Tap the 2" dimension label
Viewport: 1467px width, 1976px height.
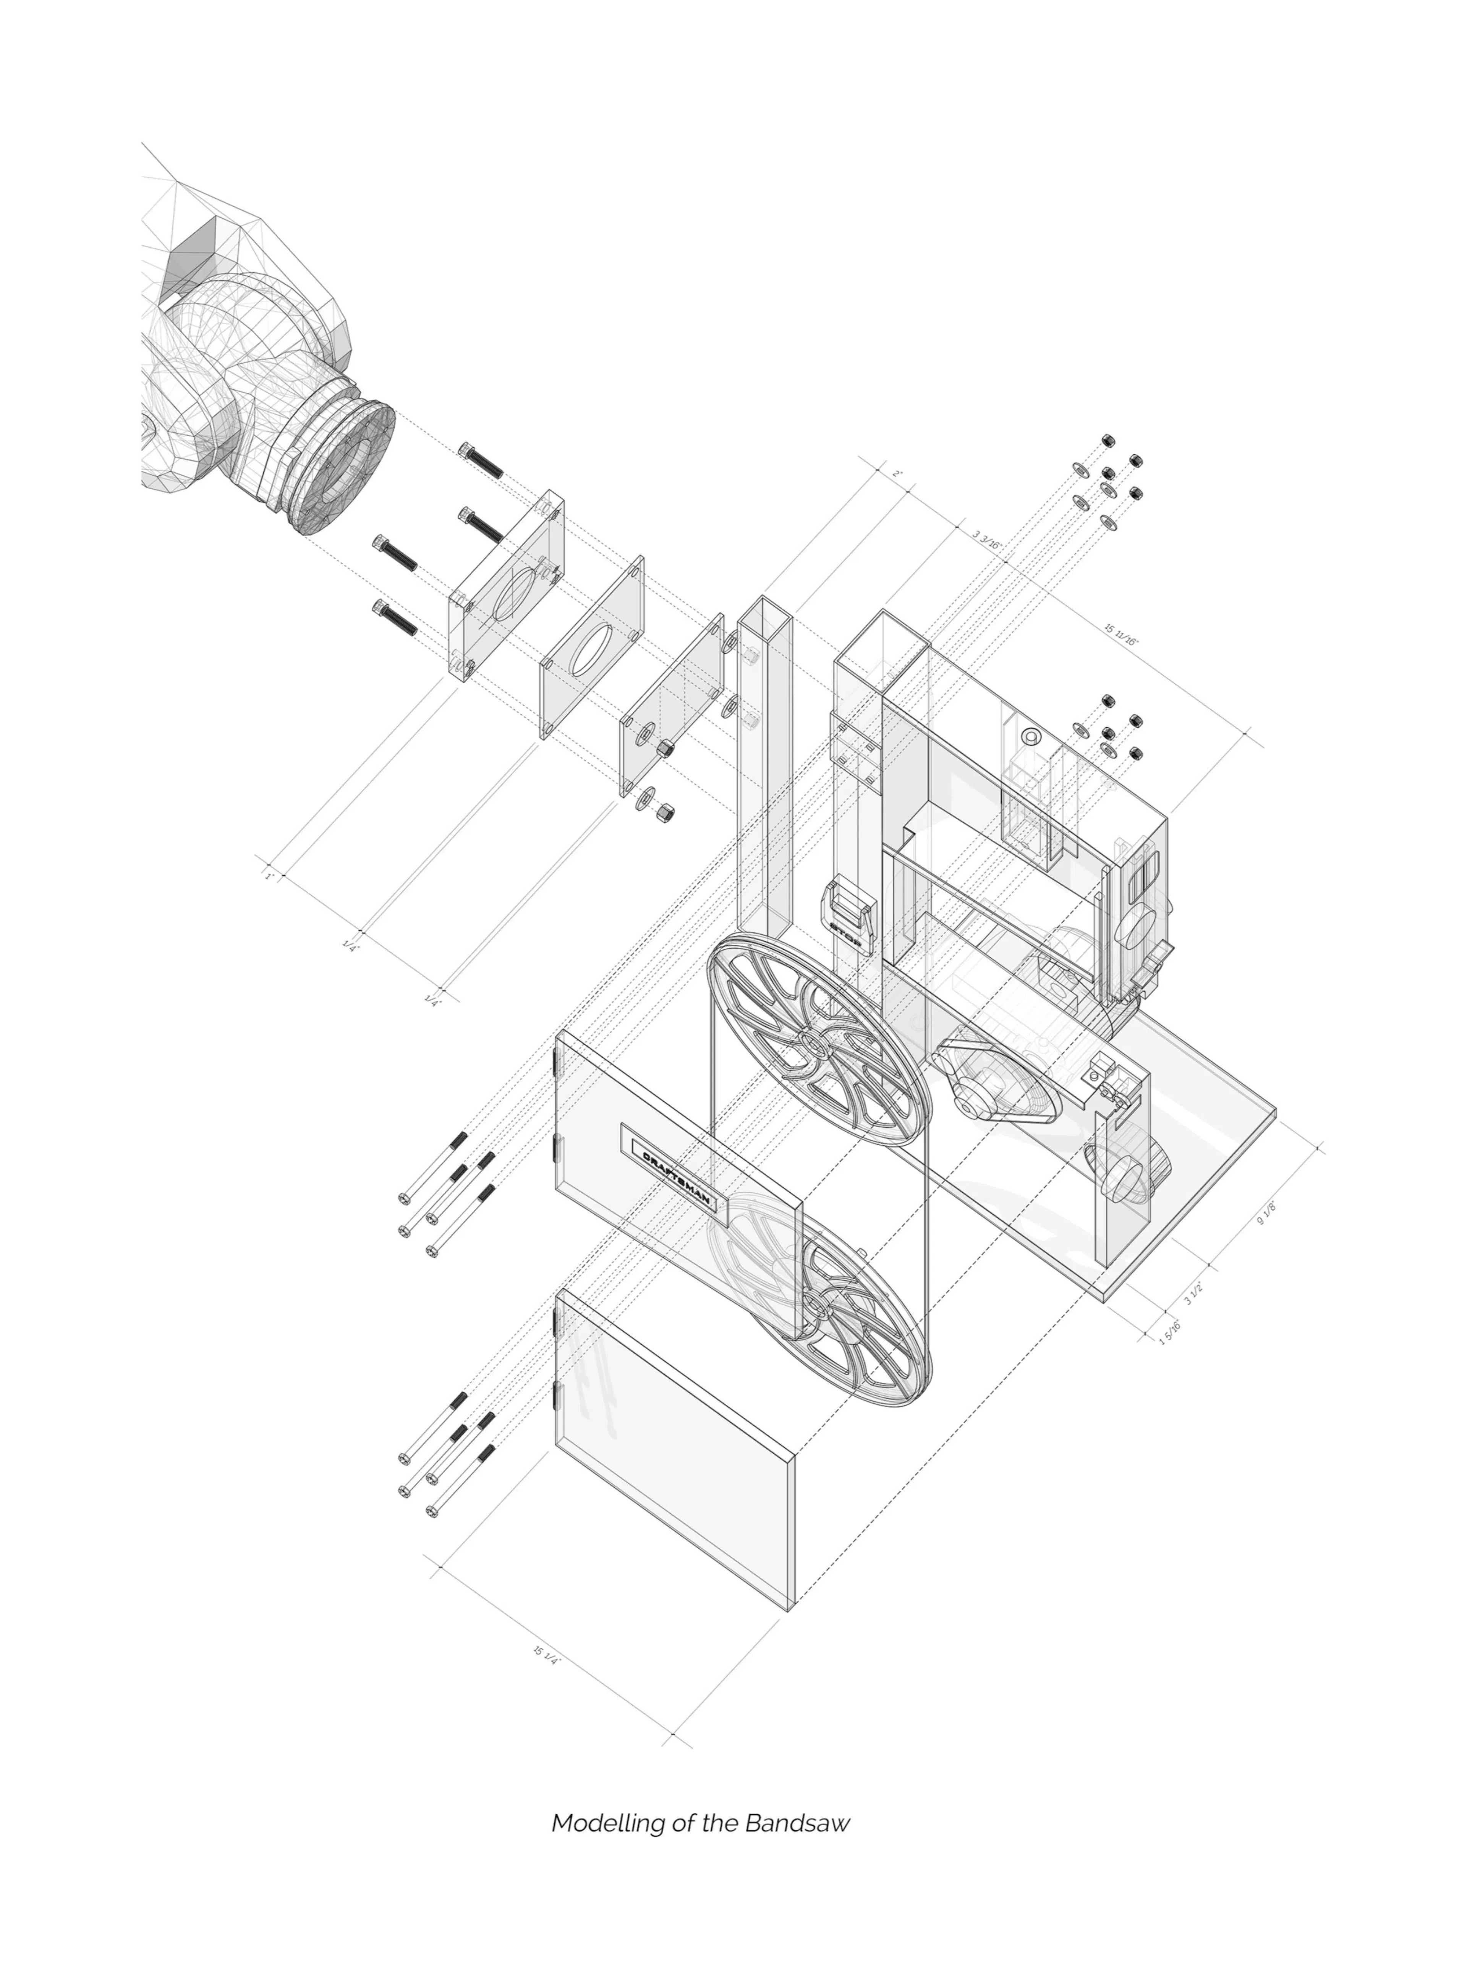[897, 473]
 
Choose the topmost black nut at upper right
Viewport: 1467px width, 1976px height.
[1108, 441]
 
